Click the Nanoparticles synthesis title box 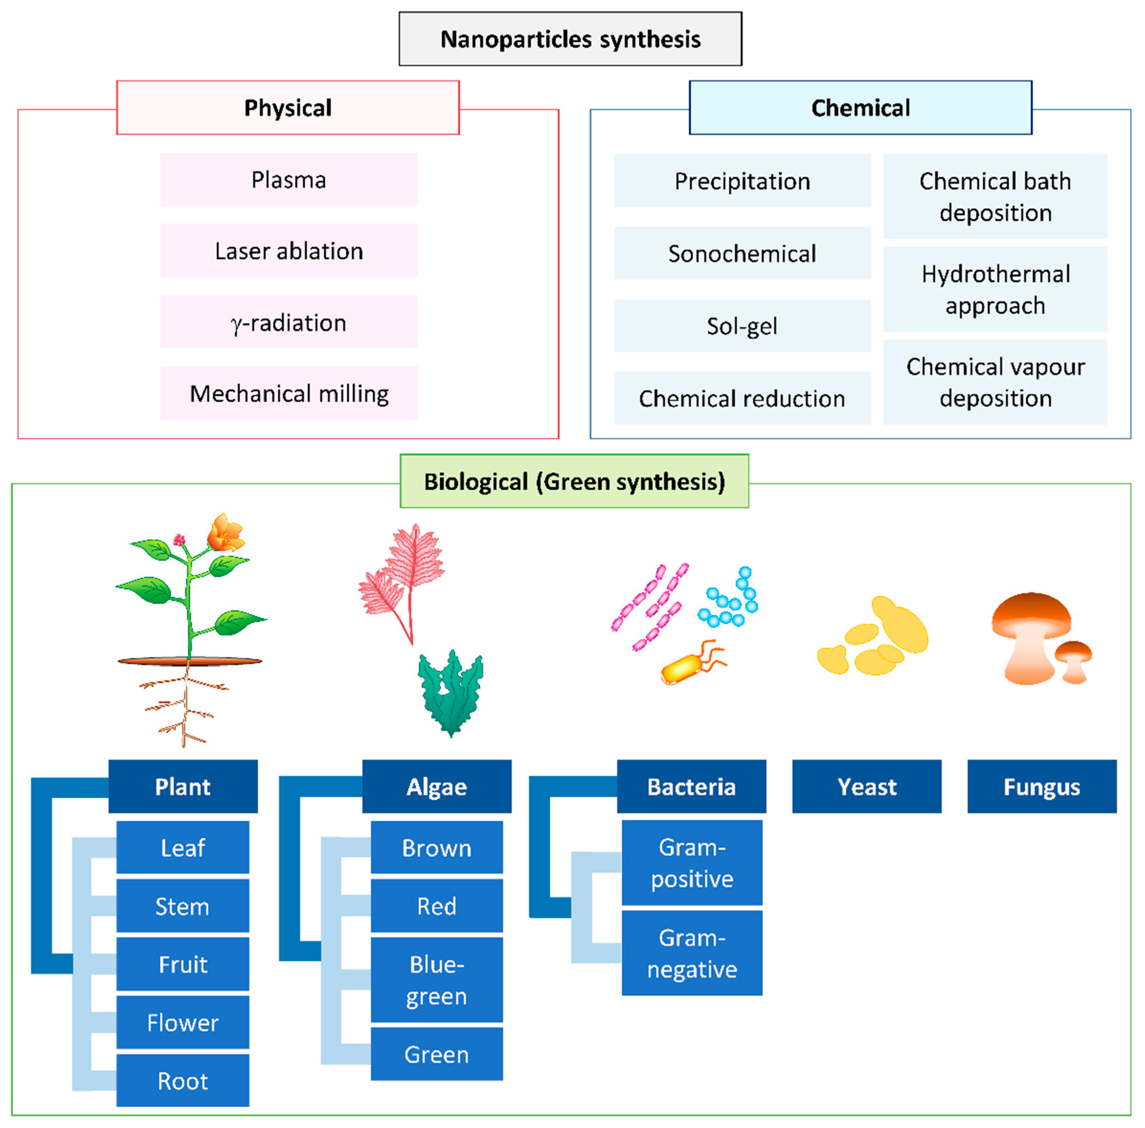point(570,39)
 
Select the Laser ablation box point(289,251)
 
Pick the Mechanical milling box point(289,393)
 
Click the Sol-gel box point(742,325)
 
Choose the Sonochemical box point(742,253)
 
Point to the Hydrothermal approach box point(995,290)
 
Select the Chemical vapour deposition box point(995,382)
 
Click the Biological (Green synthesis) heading point(574,481)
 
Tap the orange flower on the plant point(225,533)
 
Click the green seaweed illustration point(451,693)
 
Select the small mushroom point(1073,662)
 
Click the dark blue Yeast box point(866,786)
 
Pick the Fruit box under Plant point(182,964)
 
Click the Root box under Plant point(182,1081)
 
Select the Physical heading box point(288,108)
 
